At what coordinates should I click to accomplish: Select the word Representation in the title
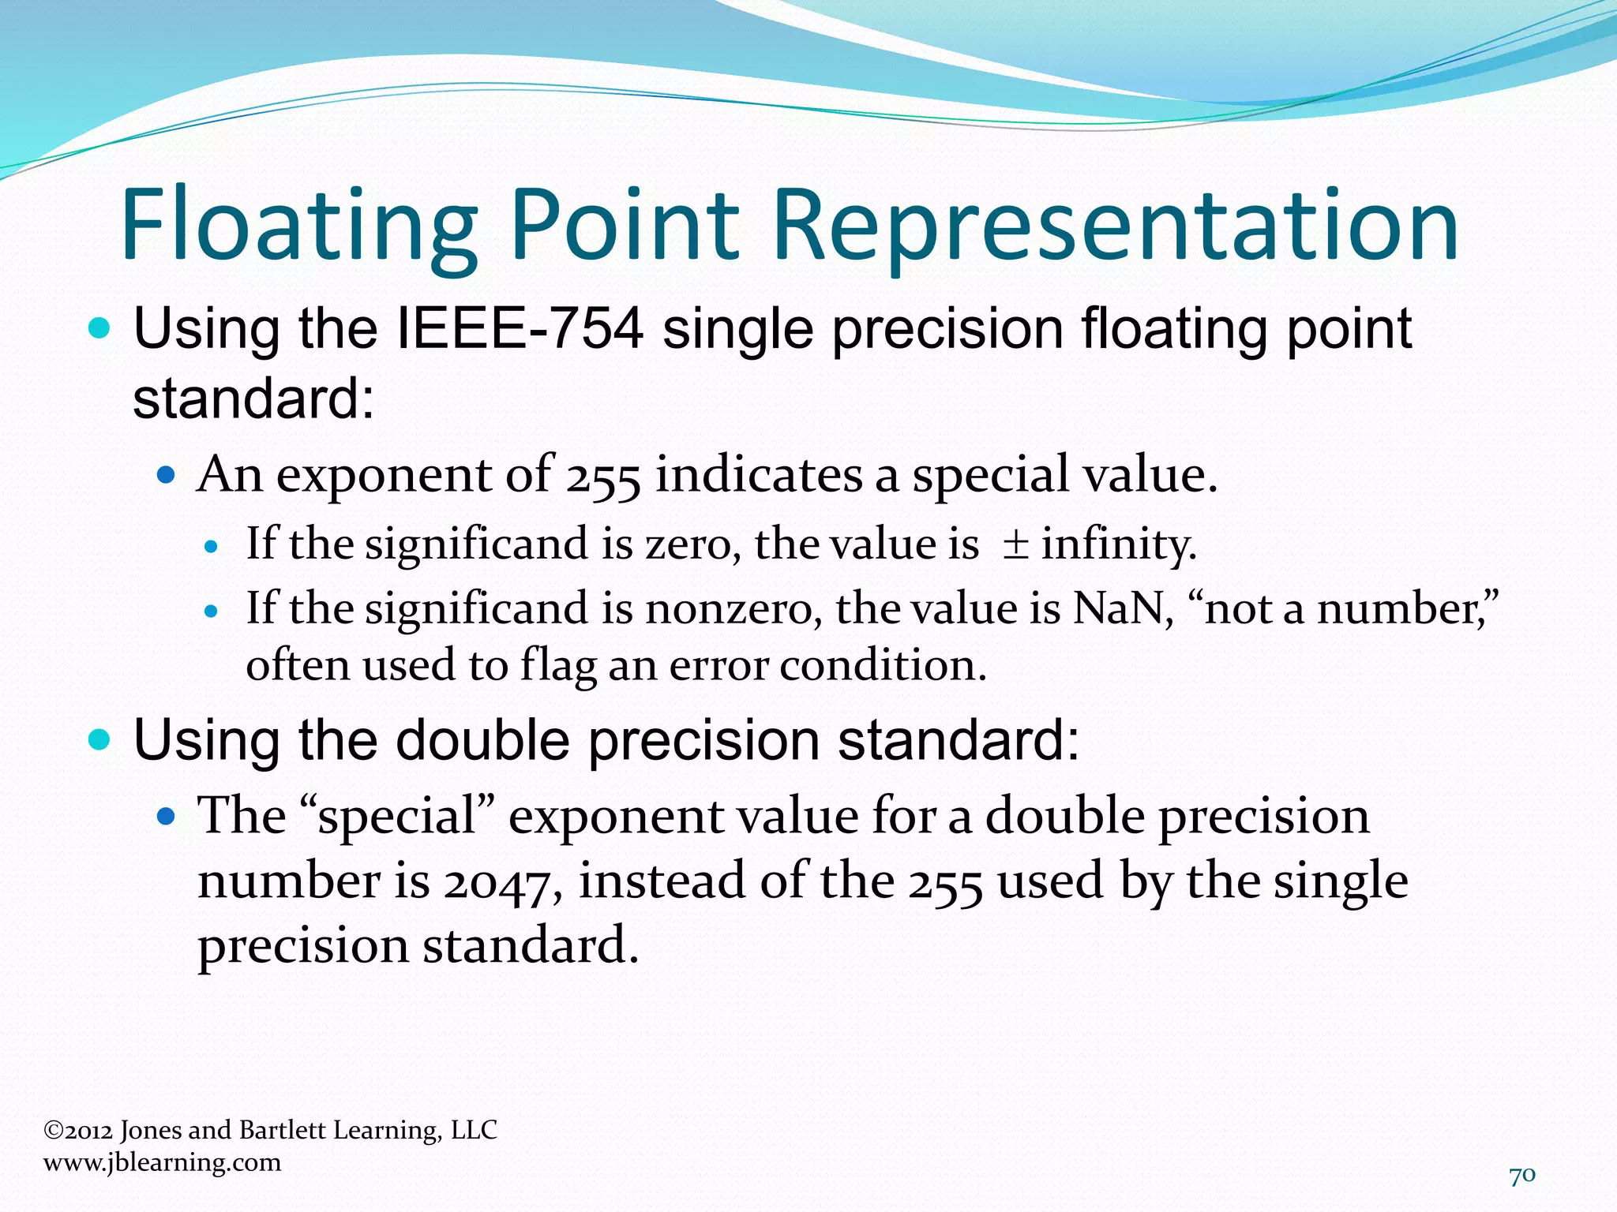(1115, 226)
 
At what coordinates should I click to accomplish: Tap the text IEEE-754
(520, 329)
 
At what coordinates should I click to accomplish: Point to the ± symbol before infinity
(1015, 544)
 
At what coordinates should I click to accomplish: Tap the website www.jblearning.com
(162, 1162)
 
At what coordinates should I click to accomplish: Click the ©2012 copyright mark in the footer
(78, 1130)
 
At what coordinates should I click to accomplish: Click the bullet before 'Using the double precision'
(99, 740)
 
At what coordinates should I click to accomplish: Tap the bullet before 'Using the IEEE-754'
(99, 328)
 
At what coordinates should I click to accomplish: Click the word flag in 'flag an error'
(557, 666)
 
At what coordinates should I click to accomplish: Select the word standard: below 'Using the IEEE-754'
(253, 399)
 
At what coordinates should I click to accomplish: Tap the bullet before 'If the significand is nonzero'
(210, 611)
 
